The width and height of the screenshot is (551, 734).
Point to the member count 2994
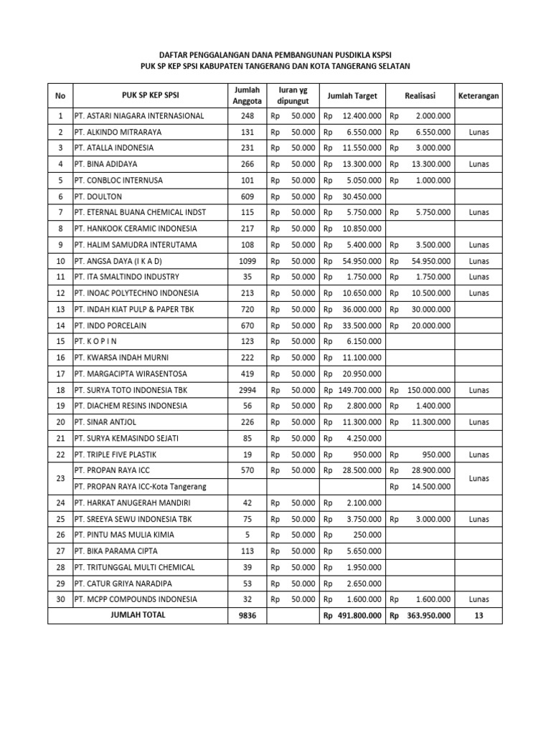point(248,390)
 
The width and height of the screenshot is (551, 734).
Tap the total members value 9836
point(248,615)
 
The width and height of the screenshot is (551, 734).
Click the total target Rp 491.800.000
point(352,615)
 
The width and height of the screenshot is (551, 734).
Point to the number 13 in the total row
point(479,615)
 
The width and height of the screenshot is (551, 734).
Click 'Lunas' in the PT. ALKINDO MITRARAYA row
point(479,132)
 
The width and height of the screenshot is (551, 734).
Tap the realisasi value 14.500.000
point(429,487)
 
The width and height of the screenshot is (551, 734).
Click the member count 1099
point(248,261)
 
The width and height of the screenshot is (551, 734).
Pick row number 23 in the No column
point(60,479)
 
